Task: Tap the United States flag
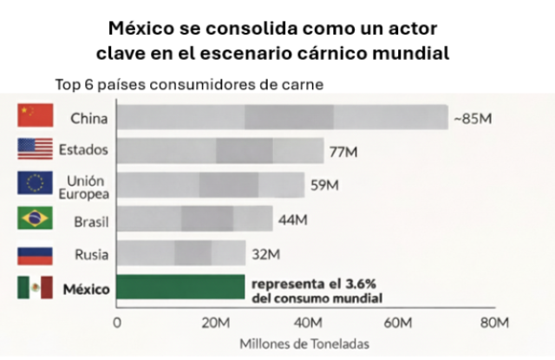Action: coord(36,149)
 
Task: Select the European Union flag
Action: coord(36,184)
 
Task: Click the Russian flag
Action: coord(36,253)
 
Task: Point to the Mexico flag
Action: coord(36,288)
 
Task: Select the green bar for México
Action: coord(180,287)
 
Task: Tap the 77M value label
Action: coord(343,152)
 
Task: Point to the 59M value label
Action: coord(324,185)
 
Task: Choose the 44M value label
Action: coord(293,219)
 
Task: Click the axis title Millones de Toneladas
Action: coord(304,344)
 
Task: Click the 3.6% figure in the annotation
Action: coord(364,284)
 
